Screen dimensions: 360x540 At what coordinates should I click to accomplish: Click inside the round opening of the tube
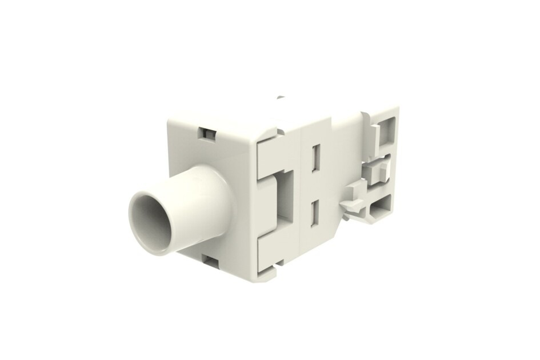[x=149, y=221]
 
